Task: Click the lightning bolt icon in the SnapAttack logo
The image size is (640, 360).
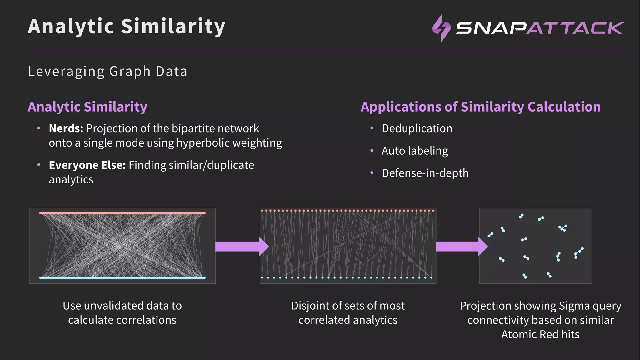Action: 441,28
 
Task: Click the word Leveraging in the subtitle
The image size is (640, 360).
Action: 66,72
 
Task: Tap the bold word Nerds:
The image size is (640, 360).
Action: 66,128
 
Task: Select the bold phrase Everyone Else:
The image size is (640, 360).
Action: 87,165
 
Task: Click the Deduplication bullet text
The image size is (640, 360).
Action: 417,128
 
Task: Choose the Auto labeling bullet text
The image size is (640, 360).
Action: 415,151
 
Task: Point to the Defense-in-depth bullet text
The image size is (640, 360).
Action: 425,173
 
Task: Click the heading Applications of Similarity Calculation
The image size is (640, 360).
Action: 480,107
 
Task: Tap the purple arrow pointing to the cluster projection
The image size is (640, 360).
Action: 461,247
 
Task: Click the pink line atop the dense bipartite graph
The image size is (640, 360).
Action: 122,213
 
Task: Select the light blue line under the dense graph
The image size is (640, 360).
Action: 122,277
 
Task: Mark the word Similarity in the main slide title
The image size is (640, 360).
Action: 173,26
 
